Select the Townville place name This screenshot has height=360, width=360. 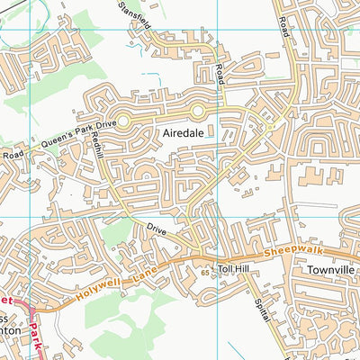pos(328,269)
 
